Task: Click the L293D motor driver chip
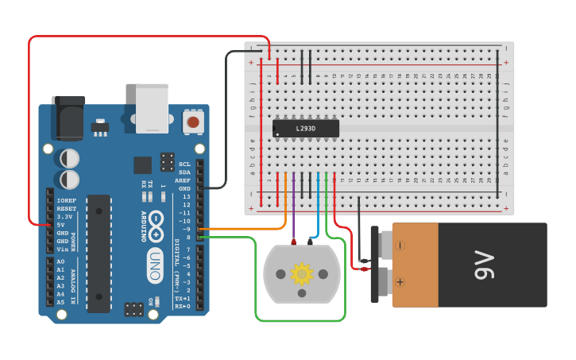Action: click(306, 128)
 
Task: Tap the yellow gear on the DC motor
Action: click(302, 274)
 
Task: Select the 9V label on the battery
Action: click(483, 265)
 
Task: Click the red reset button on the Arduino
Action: click(192, 122)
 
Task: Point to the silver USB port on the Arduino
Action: click(152, 108)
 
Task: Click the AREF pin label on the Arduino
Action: click(184, 180)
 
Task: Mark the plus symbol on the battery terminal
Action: click(400, 281)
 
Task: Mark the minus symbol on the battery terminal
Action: click(400, 246)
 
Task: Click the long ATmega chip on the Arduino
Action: click(99, 253)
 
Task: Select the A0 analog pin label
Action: click(60, 261)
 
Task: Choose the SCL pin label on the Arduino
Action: click(184, 165)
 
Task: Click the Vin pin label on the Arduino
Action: click(62, 250)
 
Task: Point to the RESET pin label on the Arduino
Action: click(66, 209)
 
